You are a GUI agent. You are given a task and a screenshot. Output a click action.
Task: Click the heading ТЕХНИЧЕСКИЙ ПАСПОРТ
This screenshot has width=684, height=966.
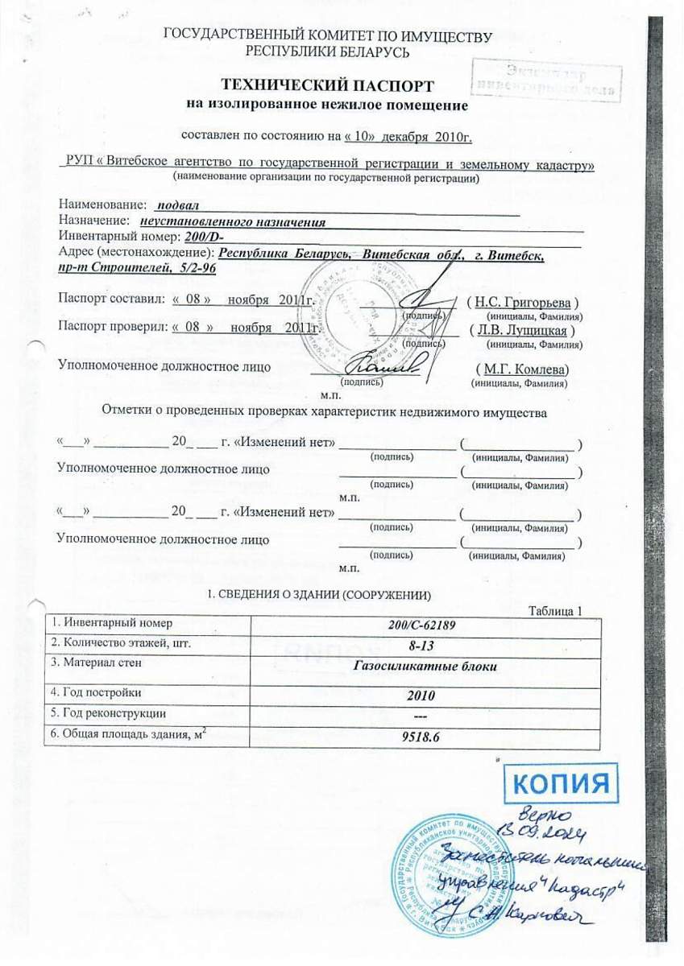point(328,85)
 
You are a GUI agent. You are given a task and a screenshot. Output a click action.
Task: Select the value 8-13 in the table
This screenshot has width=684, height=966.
point(425,646)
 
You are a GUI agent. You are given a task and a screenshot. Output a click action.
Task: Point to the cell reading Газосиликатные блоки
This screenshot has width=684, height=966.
point(425,667)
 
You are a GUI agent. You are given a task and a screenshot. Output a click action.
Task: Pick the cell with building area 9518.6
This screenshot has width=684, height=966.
point(425,737)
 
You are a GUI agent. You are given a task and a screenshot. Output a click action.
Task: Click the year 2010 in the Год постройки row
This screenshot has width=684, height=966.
point(425,695)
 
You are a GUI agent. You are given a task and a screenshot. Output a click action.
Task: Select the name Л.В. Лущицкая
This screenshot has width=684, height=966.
point(524,330)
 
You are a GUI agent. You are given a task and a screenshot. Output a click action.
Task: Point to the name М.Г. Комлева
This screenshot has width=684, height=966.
point(526,369)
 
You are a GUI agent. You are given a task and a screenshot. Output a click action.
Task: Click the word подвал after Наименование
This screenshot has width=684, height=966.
point(178,206)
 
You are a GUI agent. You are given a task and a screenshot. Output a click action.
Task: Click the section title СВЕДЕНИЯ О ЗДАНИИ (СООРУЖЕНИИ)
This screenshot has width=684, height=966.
point(320,595)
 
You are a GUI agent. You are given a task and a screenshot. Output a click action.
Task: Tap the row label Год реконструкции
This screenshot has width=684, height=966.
point(108,713)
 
